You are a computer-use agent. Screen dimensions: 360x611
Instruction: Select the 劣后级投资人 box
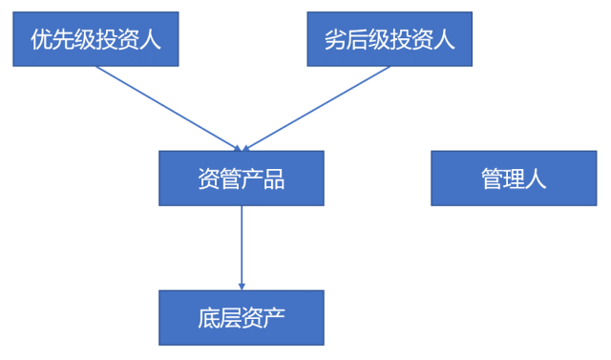(x=389, y=39)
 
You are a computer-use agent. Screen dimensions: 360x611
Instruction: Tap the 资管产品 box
(x=242, y=179)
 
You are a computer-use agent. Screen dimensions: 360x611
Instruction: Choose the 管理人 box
(x=514, y=179)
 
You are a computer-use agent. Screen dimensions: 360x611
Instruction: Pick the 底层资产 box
(x=242, y=318)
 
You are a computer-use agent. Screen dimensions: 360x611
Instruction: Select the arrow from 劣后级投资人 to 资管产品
(x=317, y=108)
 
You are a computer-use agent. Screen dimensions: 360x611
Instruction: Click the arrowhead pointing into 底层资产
(x=242, y=285)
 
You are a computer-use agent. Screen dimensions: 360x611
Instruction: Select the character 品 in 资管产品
(x=274, y=179)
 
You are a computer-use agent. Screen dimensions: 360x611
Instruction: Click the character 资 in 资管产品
(x=209, y=179)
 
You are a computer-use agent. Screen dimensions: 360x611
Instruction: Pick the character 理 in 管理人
(x=514, y=179)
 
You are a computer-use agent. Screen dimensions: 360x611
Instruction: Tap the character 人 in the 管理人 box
(x=536, y=179)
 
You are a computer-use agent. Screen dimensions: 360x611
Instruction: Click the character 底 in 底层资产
(x=209, y=318)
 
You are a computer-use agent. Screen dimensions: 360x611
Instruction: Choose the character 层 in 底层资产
(x=231, y=318)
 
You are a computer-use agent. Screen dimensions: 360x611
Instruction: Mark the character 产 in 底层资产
(x=274, y=318)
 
